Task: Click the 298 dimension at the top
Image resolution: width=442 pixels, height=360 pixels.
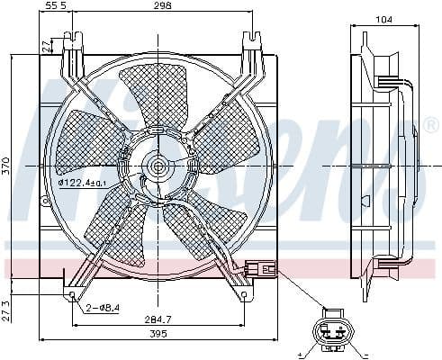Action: pos(161,7)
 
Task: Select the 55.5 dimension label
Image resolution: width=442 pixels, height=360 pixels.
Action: pos(56,7)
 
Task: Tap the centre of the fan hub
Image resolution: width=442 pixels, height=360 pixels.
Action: pos(158,166)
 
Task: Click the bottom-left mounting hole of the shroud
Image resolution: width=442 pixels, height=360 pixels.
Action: pos(72,293)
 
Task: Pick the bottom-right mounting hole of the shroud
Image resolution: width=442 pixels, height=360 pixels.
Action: pos(244,293)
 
